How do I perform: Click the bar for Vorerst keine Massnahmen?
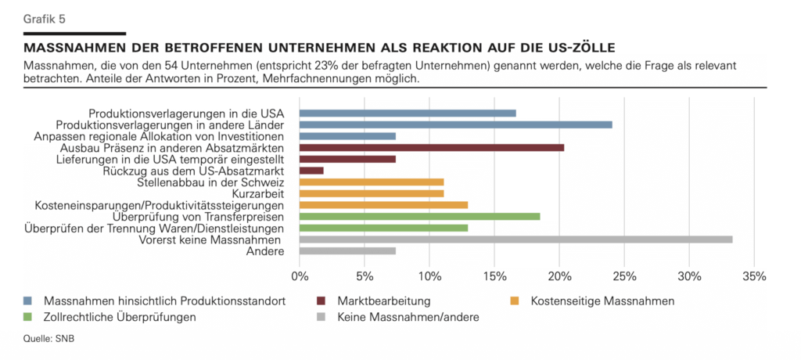point(515,239)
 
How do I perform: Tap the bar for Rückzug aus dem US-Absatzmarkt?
point(311,171)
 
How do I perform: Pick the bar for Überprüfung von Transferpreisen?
point(419,216)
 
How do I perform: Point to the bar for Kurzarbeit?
point(371,193)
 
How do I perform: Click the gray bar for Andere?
point(347,251)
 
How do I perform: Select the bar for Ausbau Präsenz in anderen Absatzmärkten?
point(431,147)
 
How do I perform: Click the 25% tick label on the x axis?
point(623,276)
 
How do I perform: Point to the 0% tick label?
point(300,276)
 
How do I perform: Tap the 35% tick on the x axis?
point(753,276)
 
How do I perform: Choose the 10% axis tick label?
point(429,276)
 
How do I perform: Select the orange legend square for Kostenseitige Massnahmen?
point(515,301)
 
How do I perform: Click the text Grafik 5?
point(45,18)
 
